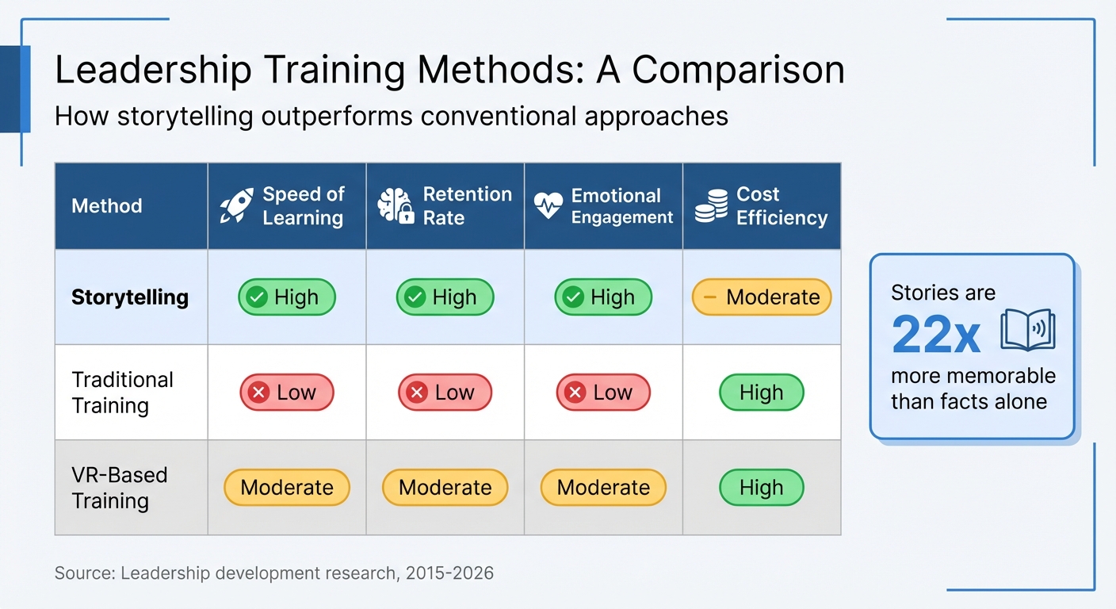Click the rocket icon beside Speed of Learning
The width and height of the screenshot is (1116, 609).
236,205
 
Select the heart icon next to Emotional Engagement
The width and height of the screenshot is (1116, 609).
548,205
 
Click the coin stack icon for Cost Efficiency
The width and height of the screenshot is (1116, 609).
710,205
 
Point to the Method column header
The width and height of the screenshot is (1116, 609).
107,206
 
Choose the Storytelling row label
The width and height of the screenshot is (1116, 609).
130,297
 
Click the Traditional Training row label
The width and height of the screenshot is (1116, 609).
122,393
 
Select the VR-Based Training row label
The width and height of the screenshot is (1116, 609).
119,488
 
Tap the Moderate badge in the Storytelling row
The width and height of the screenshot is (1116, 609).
761,297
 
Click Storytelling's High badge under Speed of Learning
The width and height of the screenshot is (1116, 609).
287,297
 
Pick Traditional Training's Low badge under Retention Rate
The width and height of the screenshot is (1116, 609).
445,393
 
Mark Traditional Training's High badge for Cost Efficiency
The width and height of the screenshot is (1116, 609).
761,393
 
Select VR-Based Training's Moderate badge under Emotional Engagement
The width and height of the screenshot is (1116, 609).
603,488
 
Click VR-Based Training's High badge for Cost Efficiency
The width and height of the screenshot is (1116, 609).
761,488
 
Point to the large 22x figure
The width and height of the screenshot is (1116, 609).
935,335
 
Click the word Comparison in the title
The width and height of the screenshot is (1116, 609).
738,71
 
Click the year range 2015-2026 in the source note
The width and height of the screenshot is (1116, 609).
449,573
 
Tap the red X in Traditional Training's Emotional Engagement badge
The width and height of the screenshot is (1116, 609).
575,393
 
